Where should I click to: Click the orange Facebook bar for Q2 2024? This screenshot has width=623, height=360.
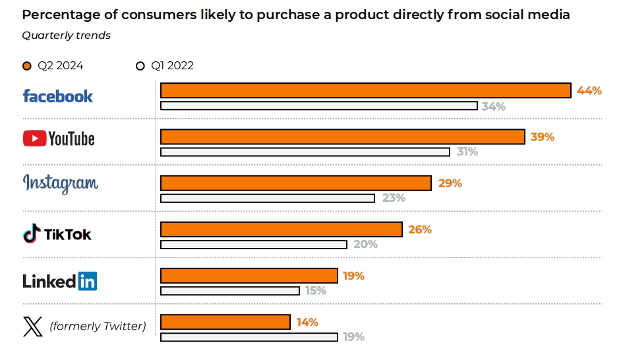pos(365,90)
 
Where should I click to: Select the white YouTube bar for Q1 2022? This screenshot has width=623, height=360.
pos(305,152)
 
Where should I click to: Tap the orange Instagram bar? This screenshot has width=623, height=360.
pos(296,183)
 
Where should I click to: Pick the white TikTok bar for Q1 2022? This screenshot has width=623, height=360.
pos(254,245)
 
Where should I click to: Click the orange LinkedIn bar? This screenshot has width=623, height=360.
pos(249,276)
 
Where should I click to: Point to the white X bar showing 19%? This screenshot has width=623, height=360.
pos(249,337)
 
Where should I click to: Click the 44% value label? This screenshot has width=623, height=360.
pos(589,91)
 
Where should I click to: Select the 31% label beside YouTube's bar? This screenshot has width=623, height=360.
pos(467,152)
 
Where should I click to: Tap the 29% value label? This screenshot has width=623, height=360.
pos(450,183)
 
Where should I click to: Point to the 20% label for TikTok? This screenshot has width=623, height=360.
pos(365,245)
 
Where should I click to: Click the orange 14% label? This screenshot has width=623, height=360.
pos(307,322)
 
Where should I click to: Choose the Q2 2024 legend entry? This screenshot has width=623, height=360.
pos(53,65)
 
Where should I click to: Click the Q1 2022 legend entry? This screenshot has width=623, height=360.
pos(165,65)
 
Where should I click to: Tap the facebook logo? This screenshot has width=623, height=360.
pos(58,96)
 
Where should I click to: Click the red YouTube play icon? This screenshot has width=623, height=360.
pos(34,138)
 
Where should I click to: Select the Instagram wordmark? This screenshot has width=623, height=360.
pos(61,183)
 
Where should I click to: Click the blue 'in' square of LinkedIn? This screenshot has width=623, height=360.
pos(88,281)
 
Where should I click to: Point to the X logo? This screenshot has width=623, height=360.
pos(32,326)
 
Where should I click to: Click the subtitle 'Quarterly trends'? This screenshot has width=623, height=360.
pos(66,36)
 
